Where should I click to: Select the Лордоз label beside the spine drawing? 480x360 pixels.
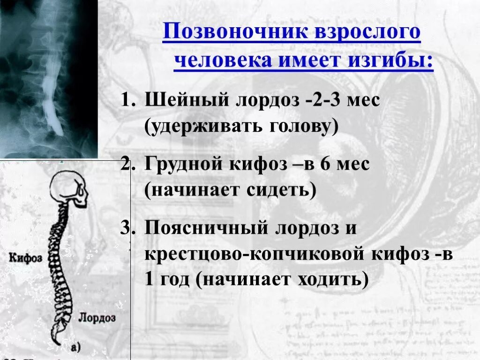(97, 317)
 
